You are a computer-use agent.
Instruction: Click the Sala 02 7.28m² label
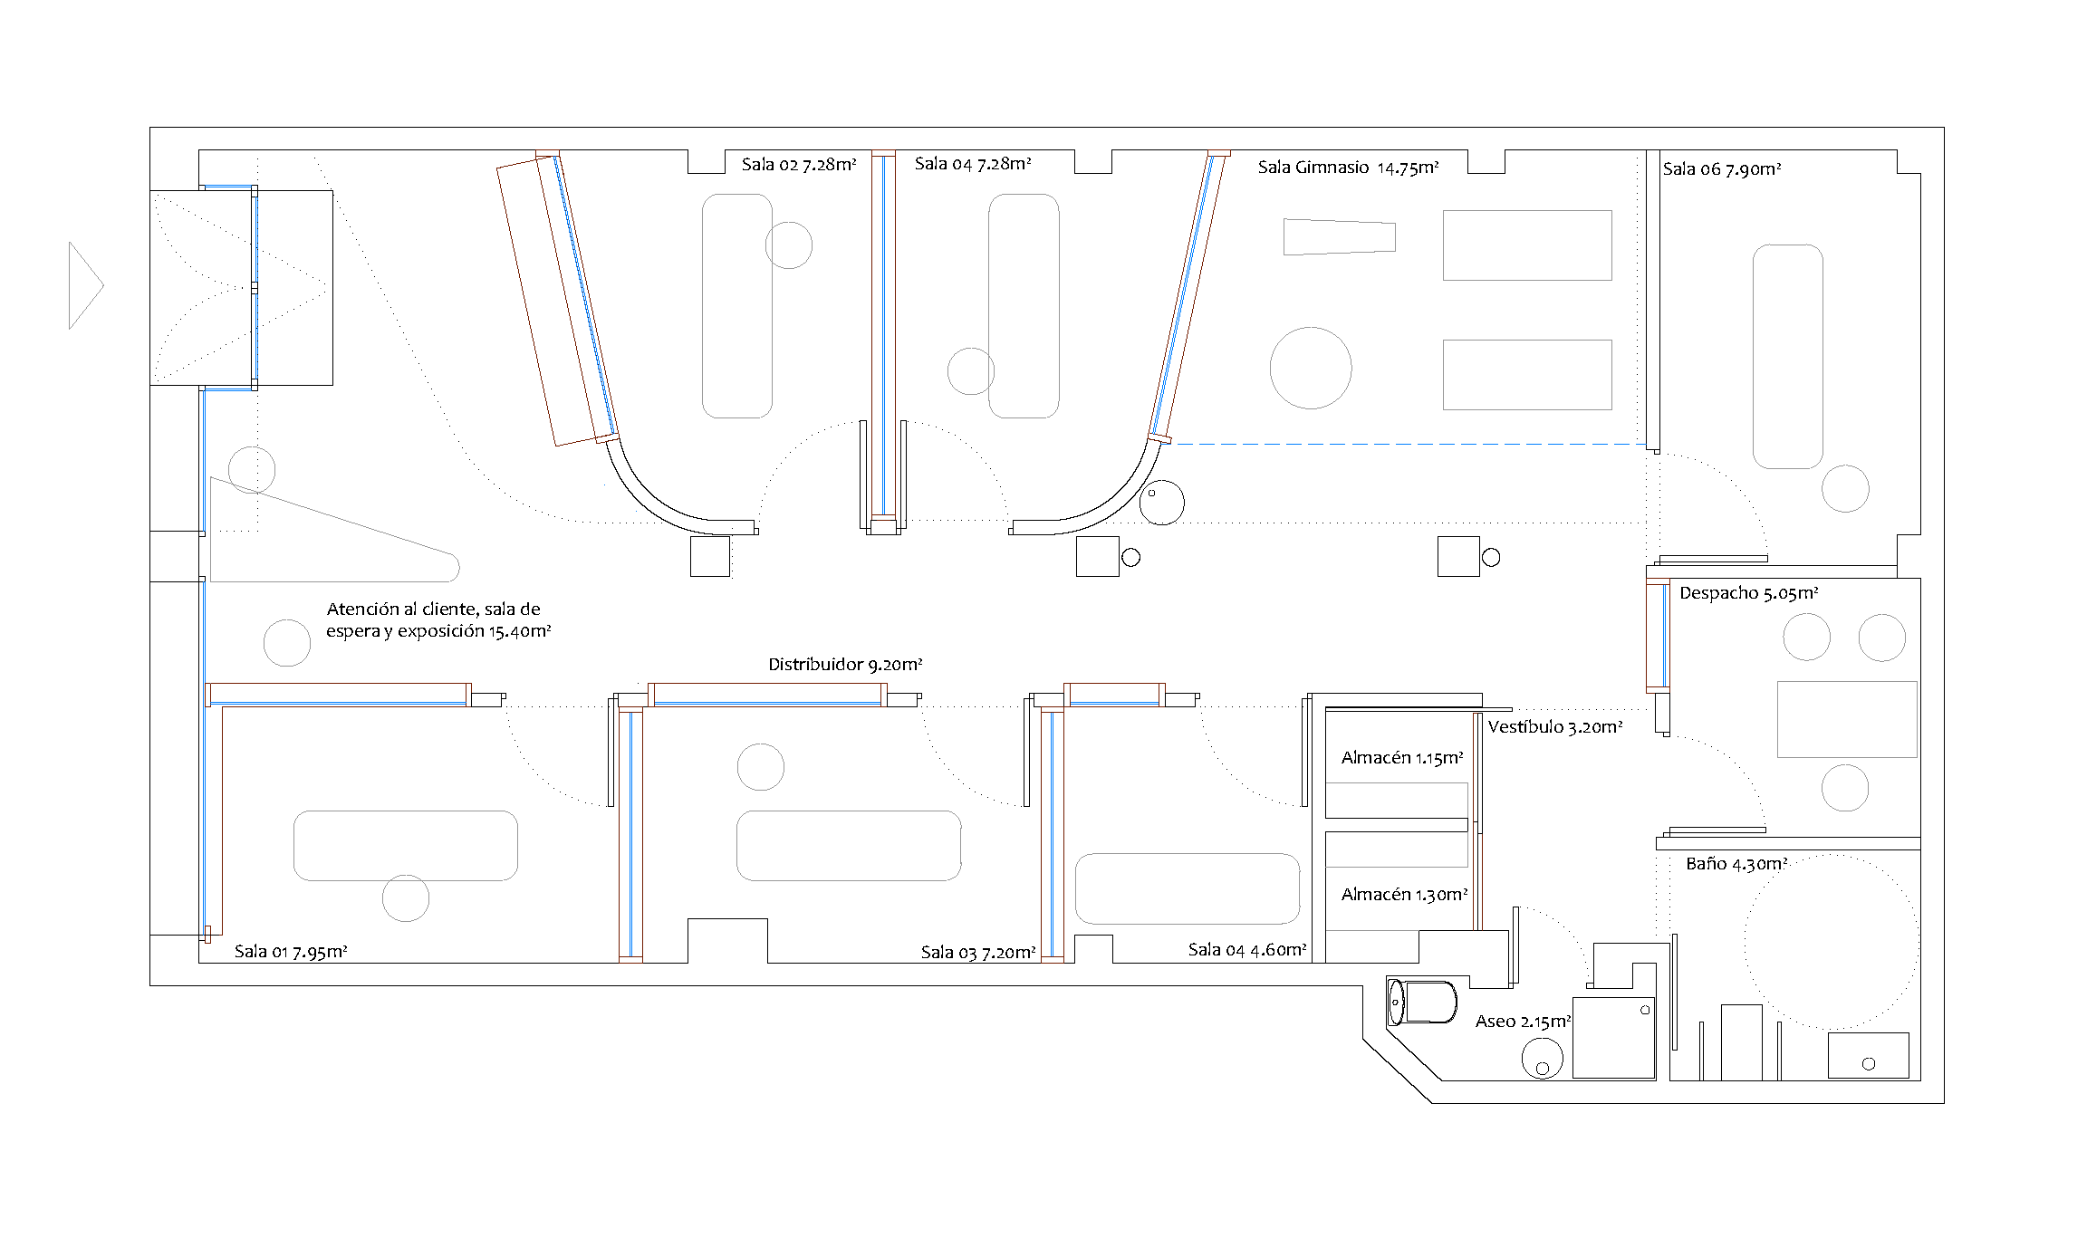tap(799, 165)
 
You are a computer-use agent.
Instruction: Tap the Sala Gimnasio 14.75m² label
tap(1348, 168)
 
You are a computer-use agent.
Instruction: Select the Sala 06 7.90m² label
tap(1722, 169)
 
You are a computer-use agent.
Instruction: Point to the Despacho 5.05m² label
tap(1749, 593)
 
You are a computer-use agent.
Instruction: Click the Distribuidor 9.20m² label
tap(845, 665)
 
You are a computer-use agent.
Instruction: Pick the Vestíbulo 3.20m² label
tap(1555, 727)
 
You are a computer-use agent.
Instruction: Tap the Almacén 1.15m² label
tap(1402, 758)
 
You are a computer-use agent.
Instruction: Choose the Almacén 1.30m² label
tap(1404, 895)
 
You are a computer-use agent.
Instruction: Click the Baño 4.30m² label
tap(1736, 864)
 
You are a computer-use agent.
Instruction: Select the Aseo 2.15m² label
tap(1523, 1022)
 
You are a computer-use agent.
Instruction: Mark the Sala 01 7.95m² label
tap(291, 952)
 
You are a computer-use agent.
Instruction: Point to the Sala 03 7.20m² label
tap(978, 953)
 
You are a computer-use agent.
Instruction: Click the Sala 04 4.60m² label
tap(1247, 950)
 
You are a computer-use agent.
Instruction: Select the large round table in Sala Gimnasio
tap(1311, 368)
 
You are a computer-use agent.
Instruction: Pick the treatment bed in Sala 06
tap(1788, 356)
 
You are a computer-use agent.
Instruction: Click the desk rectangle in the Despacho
tap(1847, 719)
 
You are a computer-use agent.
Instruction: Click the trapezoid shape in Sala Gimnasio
tap(1340, 237)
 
